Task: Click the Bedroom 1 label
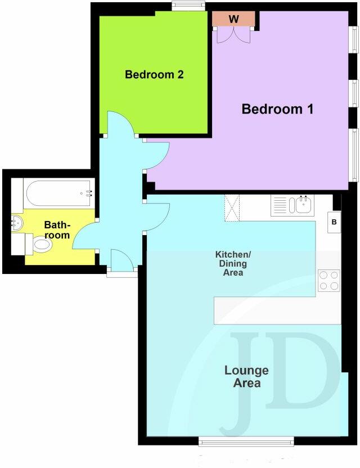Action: click(x=277, y=109)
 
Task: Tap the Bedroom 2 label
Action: click(x=154, y=74)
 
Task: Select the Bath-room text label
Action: click(x=57, y=230)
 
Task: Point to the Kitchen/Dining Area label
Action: click(x=230, y=263)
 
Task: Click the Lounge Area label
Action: click(x=246, y=377)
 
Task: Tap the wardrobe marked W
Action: click(x=233, y=19)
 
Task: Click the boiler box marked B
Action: click(x=334, y=222)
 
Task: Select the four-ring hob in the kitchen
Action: click(x=329, y=280)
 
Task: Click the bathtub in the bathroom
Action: click(x=59, y=193)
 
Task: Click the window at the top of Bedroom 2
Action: click(x=188, y=6)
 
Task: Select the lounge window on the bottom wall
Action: click(x=246, y=442)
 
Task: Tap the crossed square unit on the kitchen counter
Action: click(x=232, y=208)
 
